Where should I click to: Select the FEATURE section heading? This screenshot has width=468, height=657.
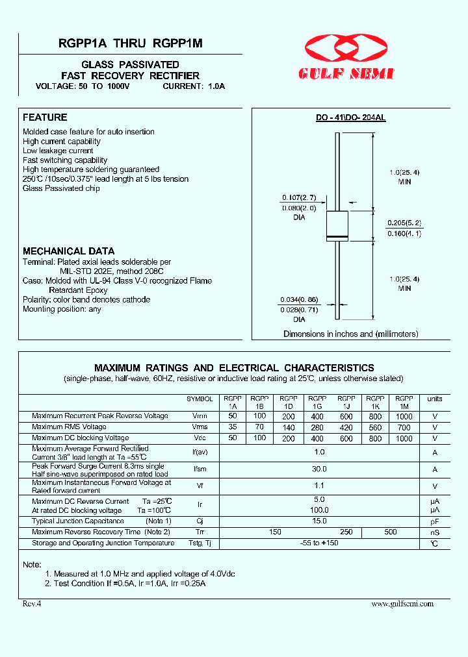point(45,118)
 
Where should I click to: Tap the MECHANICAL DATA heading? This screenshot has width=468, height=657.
point(68,251)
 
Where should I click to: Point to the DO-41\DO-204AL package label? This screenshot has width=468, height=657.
point(350,118)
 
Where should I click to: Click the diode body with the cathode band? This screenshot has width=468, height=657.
point(337,225)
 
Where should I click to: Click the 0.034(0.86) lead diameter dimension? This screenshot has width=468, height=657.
point(299,299)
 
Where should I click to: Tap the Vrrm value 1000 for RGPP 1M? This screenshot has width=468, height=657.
point(404,416)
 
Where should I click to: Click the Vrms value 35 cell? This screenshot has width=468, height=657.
point(232,427)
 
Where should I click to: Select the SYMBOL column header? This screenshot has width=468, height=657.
point(200,399)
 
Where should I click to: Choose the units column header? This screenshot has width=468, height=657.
point(434,399)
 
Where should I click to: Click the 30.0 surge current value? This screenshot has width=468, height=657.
point(318,469)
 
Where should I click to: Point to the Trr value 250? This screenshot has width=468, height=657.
point(346,532)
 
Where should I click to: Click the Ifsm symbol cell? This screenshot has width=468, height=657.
point(200,469)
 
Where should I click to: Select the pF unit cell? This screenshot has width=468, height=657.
point(434,521)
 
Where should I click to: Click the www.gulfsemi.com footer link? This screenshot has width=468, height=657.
point(402,604)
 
